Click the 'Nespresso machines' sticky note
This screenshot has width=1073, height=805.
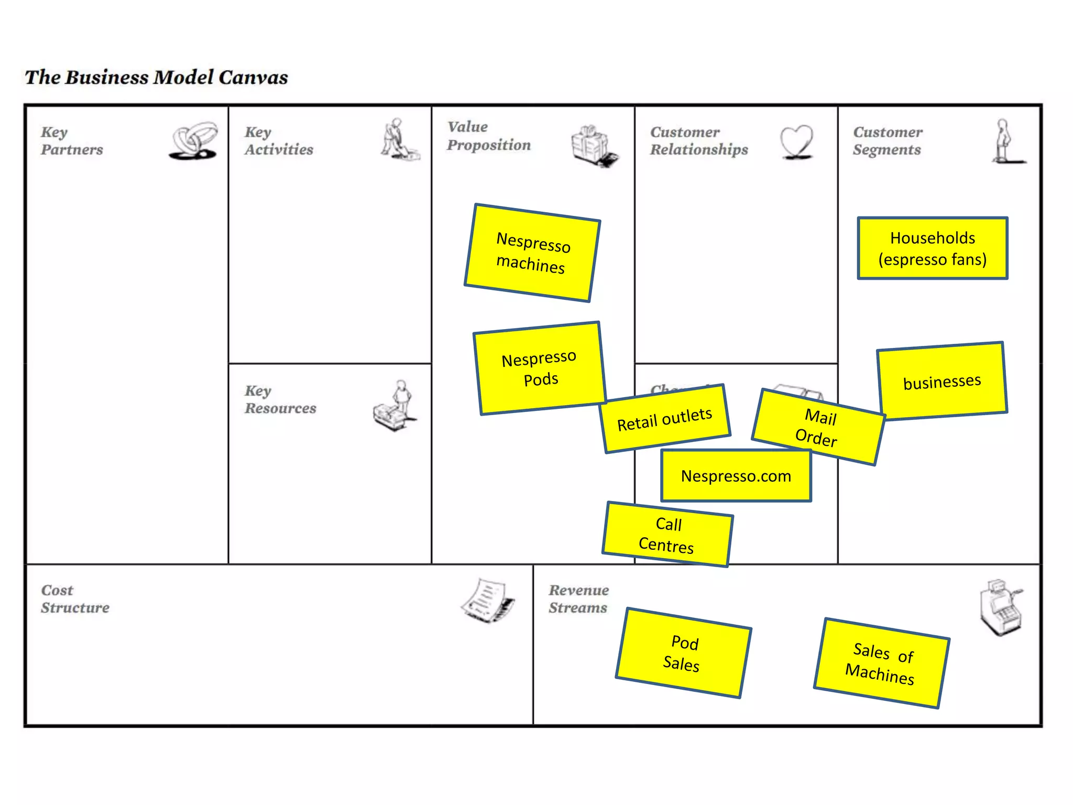(532, 253)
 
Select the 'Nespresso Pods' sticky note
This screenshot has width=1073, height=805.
(540, 368)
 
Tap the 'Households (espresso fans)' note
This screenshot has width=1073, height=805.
(933, 248)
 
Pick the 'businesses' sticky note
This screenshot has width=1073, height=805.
(942, 381)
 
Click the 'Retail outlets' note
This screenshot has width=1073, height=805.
(665, 419)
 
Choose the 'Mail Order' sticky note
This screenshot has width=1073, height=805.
(818, 427)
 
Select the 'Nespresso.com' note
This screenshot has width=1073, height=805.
(736, 475)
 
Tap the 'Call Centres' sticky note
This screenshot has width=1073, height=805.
(667, 534)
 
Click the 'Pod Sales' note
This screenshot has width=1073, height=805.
(683, 653)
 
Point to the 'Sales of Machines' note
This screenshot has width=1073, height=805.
(881, 663)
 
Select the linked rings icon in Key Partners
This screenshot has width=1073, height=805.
(193, 140)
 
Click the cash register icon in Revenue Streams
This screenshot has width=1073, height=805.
(1000, 608)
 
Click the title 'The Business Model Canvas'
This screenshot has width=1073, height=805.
(156, 77)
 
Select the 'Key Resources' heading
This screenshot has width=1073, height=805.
(280, 399)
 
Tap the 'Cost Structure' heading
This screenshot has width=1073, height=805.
(75, 599)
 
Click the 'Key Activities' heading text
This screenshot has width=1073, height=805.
(278, 140)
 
